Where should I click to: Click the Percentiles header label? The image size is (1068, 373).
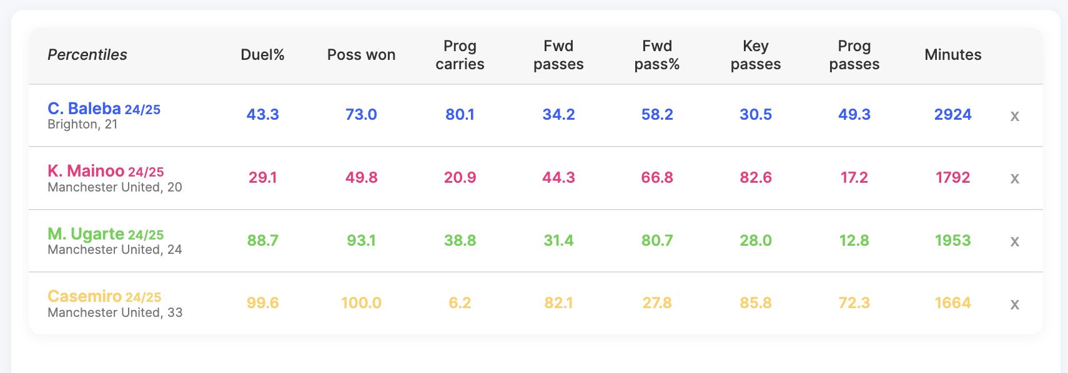pyautogui.click(x=87, y=55)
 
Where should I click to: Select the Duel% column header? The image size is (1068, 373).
pyautogui.click(x=262, y=55)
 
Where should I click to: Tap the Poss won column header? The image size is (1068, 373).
pyautogui.click(x=361, y=55)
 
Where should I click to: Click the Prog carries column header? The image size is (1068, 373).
pyautogui.click(x=460, y=55)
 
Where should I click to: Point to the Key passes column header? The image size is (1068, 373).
pyautogui.click(x=756, y=55)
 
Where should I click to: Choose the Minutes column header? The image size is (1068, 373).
pyautogui.click(x=952, y=55)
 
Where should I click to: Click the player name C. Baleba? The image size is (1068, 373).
pyautogui.click(x=84, y=109)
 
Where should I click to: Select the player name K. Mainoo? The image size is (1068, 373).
pyautogui.click(x=86, y=171)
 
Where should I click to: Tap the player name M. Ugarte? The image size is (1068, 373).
pyautogui.click(x=86, y=234)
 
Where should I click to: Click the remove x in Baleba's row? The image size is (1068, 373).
pyautogui.click(x=1014, y=116)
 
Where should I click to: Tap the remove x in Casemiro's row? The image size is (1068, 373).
pyautogui.click(x=1014, y=304)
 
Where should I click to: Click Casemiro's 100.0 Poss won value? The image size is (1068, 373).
pyautogui.click(x=361, y=303)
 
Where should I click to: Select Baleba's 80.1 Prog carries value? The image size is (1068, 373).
pyautogui.click(x=460, y=114)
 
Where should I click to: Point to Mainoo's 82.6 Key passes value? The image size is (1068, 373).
pyautogui.click(x=756, y=178)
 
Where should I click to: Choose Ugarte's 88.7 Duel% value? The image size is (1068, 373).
pyautogui.click(x=262, y=240)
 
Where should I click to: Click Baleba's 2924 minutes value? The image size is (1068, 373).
pyautogui.click(x=952, y=114)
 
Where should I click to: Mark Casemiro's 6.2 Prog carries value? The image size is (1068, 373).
pyautogui.click(x=460, y=303)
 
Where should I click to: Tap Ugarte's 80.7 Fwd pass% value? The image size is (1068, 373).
pyautogui.click(x=657, y=240)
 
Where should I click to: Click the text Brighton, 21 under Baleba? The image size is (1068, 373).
pyautogui.click(x=82, y=125)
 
